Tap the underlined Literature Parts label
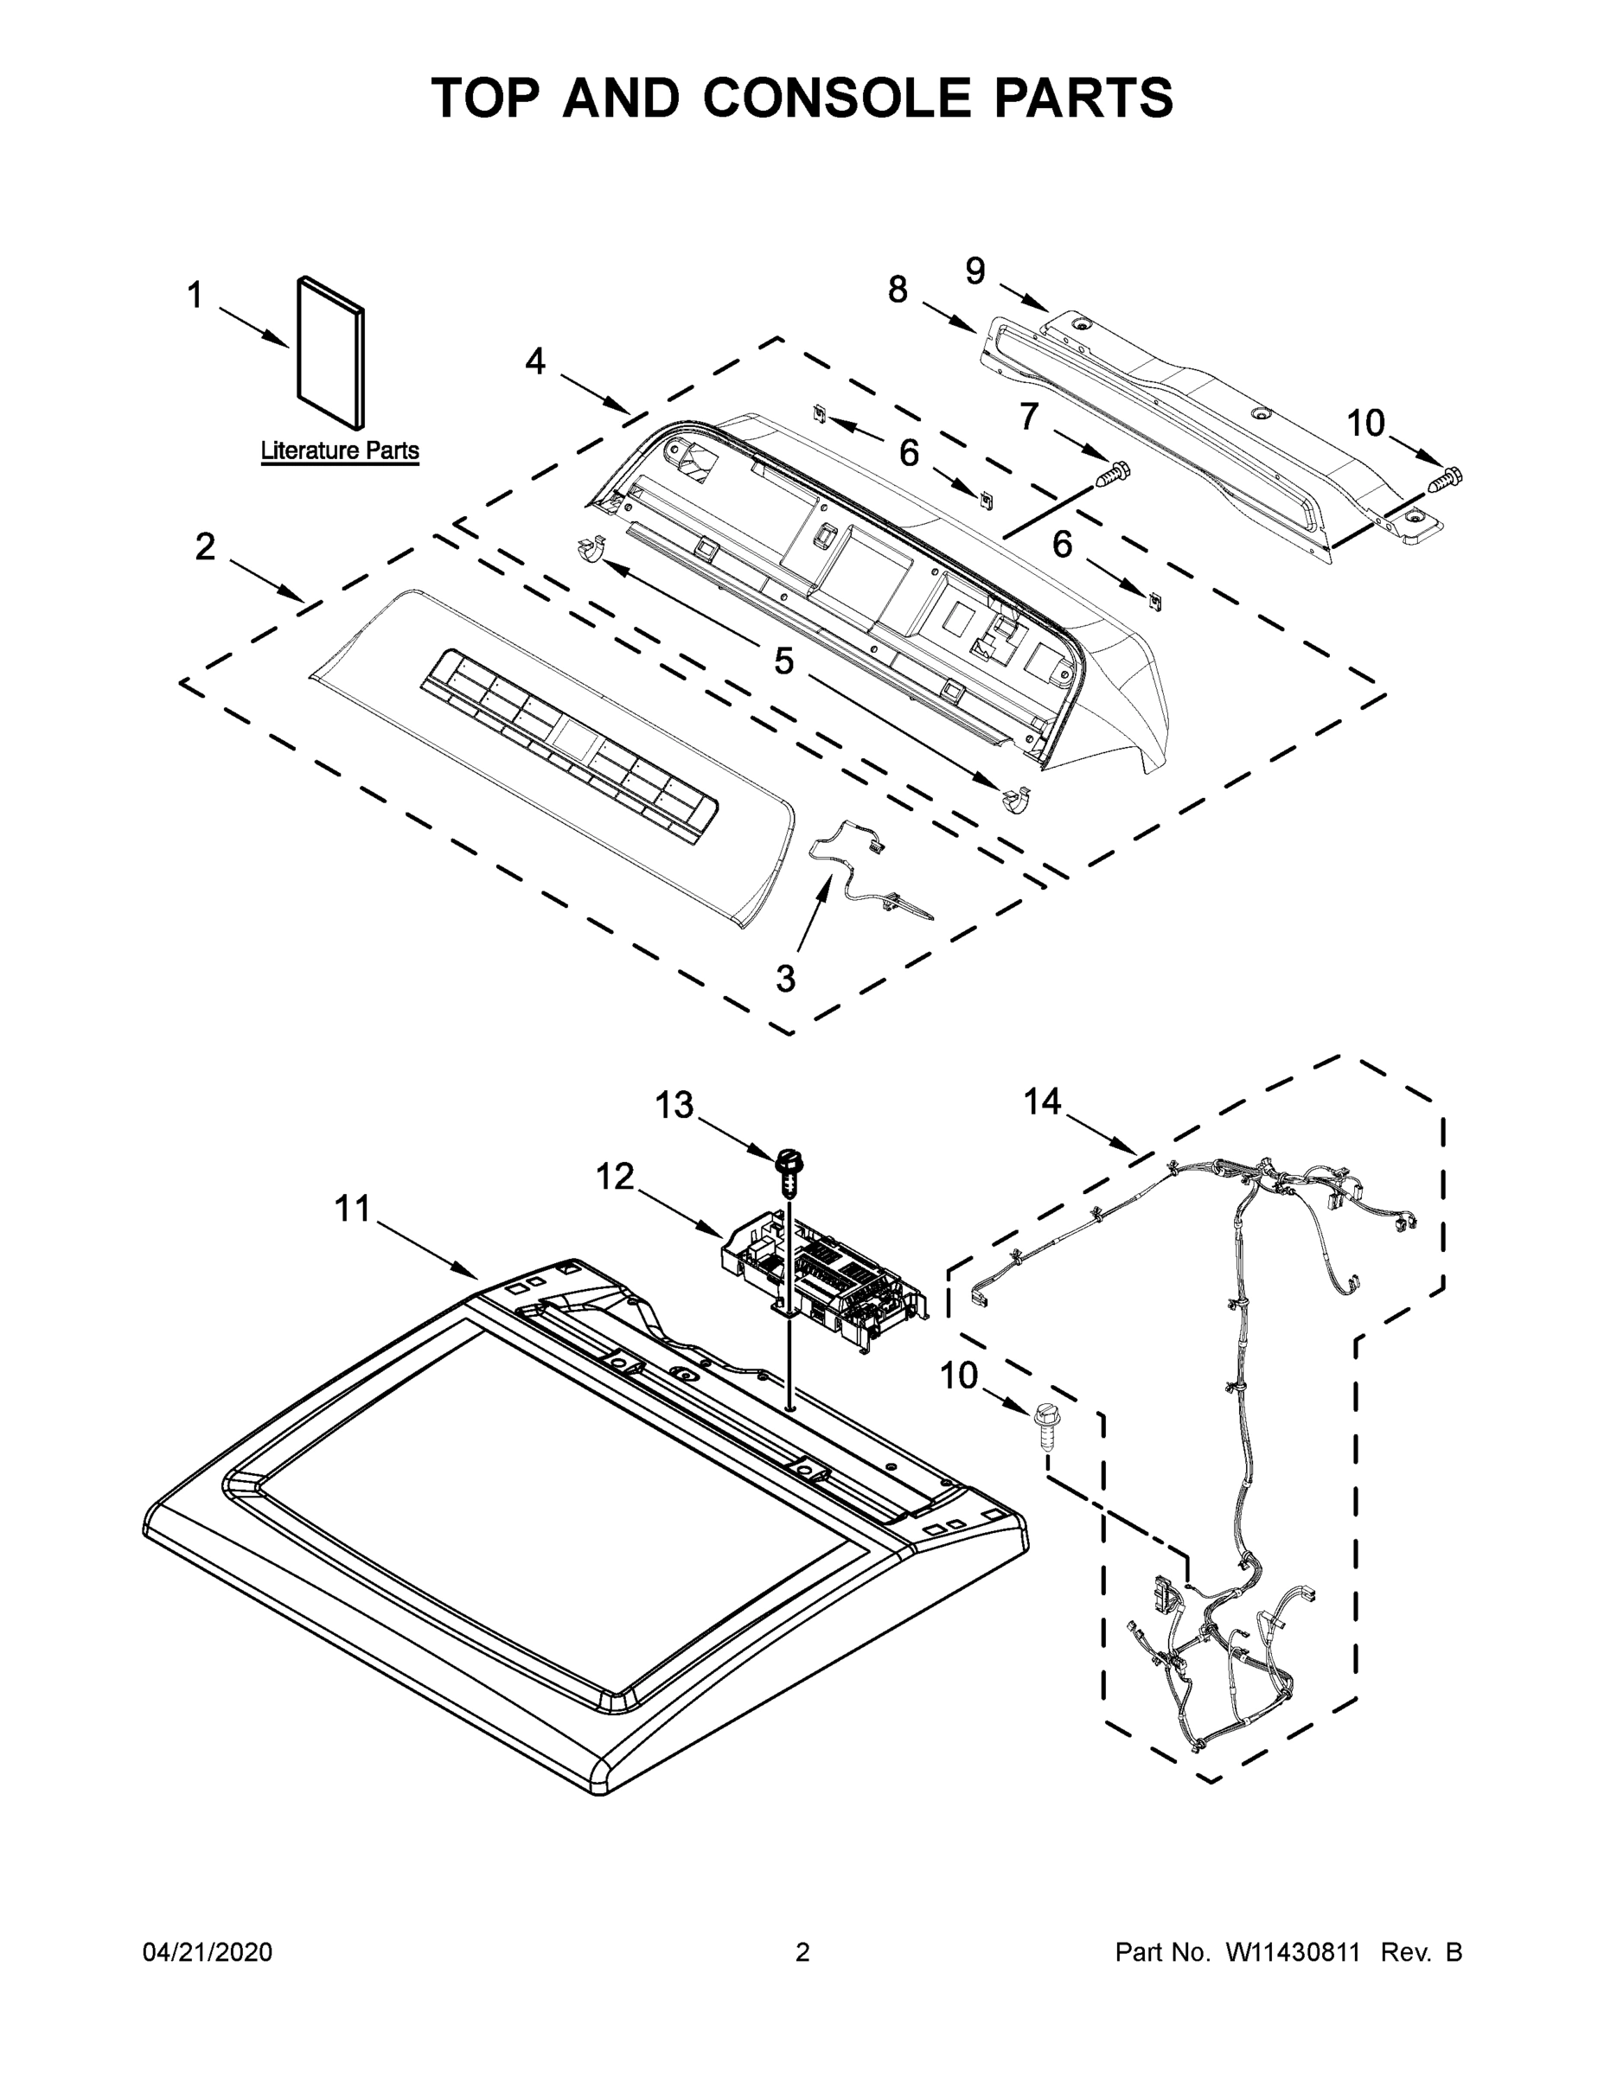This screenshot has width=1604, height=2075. click(339, 450)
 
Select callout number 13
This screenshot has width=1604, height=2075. click(674, 1106)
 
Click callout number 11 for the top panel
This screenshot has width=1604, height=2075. click(352, 1210)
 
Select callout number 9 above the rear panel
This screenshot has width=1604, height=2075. click(975, 271)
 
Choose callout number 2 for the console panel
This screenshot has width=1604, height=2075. click(205, 547)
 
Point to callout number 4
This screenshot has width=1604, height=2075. click(535, 361)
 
